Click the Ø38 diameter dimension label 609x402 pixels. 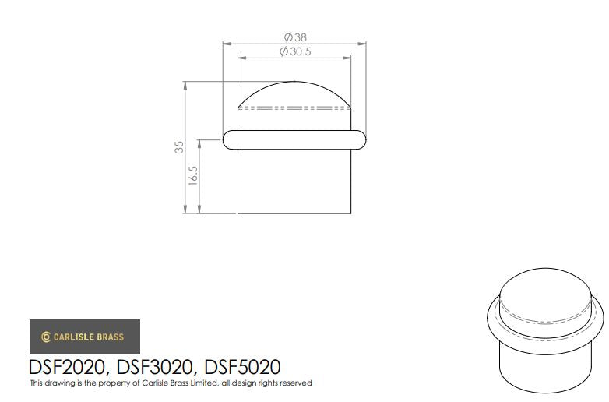pos(295,37)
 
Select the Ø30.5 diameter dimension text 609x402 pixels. pos(295,51)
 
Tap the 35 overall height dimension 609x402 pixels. pos(179,146)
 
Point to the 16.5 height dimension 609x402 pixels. pos(193,175)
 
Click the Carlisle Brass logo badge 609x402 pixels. pos(85,337)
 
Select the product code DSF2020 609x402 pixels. pos(66,367)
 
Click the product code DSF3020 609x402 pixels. pos(154,367)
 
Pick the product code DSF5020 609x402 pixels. pos(242,367)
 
